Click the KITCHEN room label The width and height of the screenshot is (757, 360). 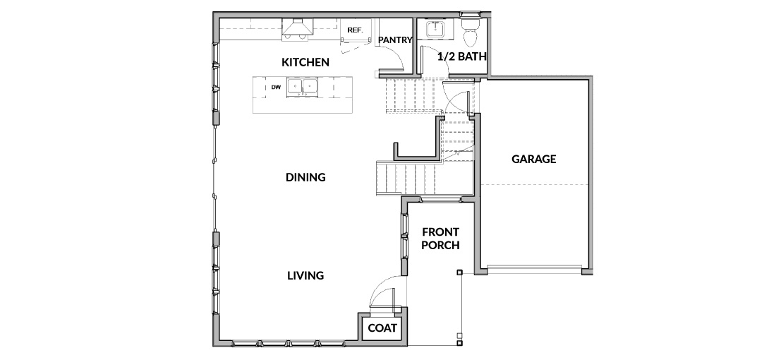(305, 62)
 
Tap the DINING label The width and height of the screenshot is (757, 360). (305, 177)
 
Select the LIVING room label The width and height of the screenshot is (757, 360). (305, 276)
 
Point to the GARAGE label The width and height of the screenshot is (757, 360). (534, 159)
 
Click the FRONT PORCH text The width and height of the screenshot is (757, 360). (440, 239)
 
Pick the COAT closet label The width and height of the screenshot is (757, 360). (382, 328)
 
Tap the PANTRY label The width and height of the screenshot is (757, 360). (395, 40)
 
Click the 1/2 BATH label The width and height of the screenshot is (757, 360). (461, 56)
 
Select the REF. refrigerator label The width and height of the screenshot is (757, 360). (355, 30)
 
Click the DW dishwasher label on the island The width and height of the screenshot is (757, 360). (276, 88)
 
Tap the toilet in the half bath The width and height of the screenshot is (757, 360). (470, 29)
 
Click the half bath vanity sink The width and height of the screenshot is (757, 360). (435, 29)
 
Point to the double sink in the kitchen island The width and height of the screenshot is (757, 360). (302, 87)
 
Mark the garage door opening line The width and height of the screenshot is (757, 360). (534, 266)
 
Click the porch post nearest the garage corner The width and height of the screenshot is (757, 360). (459, 273)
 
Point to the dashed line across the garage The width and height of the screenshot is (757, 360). (535, 185)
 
